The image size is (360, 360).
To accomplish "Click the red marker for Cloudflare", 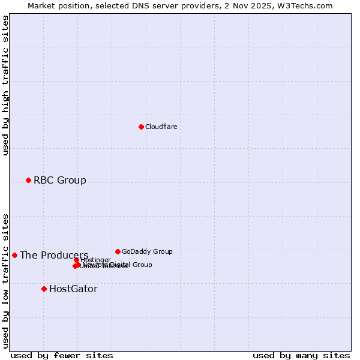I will [x=141, y=127].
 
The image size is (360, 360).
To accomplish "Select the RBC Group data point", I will [x=28, y=180].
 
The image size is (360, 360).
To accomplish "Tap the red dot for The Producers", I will [x=14, y=255].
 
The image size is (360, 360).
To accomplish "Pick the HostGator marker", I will [x=44, y=289].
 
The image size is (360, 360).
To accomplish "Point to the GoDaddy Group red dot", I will [x=118, y=251].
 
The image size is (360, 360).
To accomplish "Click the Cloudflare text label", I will [x=161, y=127].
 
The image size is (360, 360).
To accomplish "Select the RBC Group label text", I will [x=59, y=180].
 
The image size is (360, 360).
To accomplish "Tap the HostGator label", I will [x=73, y=289].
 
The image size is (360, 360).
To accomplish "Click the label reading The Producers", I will [x=53, y=255].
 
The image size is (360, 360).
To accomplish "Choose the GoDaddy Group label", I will [x=147, y=251].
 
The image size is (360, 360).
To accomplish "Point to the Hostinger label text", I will [x=96, y=260].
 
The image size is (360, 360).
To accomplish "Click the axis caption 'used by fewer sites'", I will [x=62, y=355].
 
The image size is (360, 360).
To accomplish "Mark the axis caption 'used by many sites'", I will [x=301, y=355].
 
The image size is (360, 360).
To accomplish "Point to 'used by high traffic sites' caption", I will [x=5, y=85].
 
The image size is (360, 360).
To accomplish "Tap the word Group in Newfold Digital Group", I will [x=142, y=265].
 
